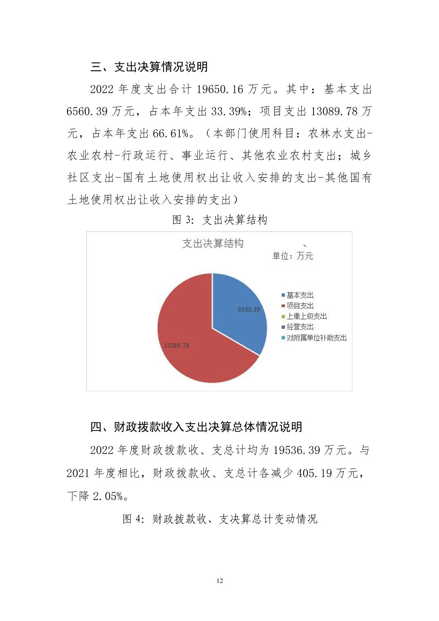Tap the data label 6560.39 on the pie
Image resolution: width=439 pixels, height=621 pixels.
tap(249, 310)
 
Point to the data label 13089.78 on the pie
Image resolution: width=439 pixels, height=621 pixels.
tap(177, 346)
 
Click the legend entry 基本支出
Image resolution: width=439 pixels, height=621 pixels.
tap(300, 295)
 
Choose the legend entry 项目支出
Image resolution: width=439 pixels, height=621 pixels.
tap(300, 306)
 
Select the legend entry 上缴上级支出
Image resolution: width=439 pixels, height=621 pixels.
tap(306, 316)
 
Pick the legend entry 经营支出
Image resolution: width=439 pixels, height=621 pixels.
tap(300, 327)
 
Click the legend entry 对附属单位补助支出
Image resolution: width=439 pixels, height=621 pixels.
tap(316, 338)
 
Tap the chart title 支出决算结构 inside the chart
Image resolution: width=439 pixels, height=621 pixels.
tap(213, 243)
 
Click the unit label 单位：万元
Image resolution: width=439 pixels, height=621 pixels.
tap(293, 256)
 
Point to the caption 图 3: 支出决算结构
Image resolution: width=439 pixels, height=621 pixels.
tap(220, 220)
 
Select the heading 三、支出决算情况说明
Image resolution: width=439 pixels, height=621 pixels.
tap(149, 67)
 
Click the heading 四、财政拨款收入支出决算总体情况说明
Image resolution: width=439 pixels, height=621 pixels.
tap(196, 427)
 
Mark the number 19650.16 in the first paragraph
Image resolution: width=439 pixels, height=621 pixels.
tap(220, 89)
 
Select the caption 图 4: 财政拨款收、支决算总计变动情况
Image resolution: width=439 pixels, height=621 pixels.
tap(220, 519)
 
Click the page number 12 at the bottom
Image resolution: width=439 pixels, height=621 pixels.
tap(219, 581)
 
